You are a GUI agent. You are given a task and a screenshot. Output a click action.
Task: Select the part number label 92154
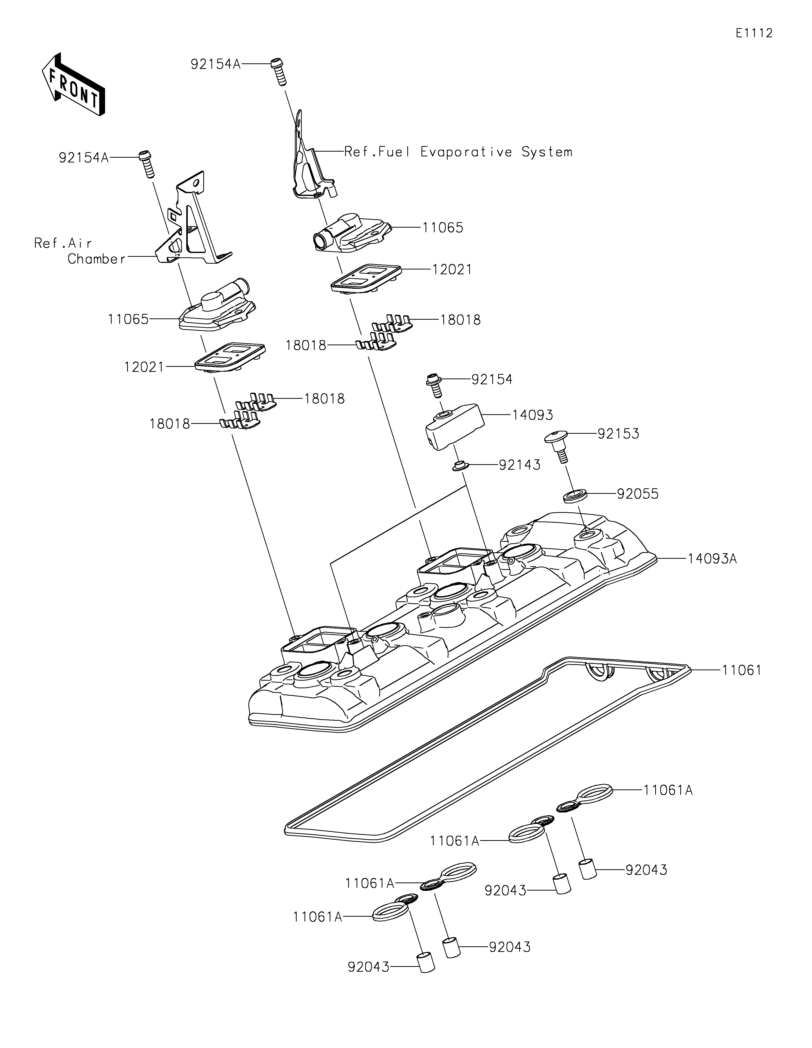(x=492, y=380)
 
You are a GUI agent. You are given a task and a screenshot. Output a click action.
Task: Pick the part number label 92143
(x=520, y=464)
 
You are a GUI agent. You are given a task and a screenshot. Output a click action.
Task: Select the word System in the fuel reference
(x=547, y=152)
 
